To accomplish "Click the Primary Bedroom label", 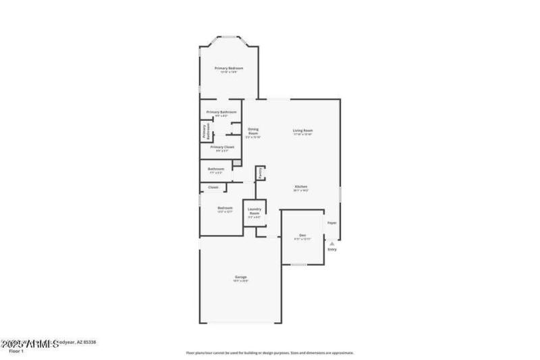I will (229, 68).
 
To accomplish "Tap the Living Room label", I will (302, 130).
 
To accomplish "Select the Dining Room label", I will (253, 132).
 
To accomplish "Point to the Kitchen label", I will (301, 186).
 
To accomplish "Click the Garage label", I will (240, 277).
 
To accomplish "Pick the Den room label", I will (302, 235).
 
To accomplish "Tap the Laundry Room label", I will (254, 211).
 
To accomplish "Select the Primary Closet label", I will (222, 147).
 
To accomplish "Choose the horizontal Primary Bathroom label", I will (221, 112).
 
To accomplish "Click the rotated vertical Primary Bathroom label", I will (205, 131).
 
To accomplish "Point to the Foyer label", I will (331, 223).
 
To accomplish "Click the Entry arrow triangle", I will (331, 244).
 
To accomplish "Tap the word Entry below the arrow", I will (331, 251).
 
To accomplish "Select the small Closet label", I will (213, 187).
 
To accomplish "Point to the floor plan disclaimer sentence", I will (269, 353).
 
